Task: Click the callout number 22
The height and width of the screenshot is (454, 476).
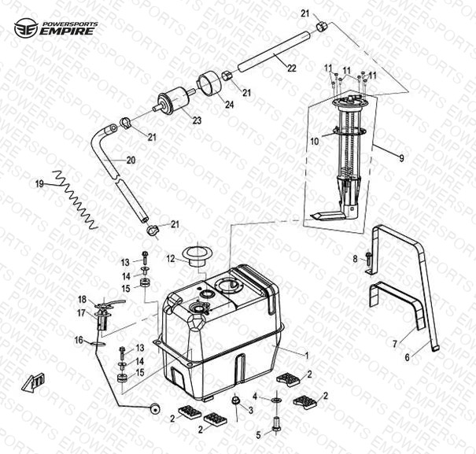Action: (291, 69)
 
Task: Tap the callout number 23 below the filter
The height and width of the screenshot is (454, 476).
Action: (197, 120)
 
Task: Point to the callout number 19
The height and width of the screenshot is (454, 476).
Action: (39, 184)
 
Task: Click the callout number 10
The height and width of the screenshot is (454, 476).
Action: (315, 142)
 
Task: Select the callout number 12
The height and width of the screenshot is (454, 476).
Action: (170, 257)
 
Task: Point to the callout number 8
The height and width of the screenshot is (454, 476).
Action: (356, 257)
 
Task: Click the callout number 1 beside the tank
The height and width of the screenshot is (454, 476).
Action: (306, 356)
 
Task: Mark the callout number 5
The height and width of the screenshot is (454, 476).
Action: (258, 434)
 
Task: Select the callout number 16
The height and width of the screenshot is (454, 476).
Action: (79, 340)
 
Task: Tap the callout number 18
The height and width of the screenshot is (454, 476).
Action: (81, 300)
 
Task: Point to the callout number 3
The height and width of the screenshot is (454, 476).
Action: (250, 411)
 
